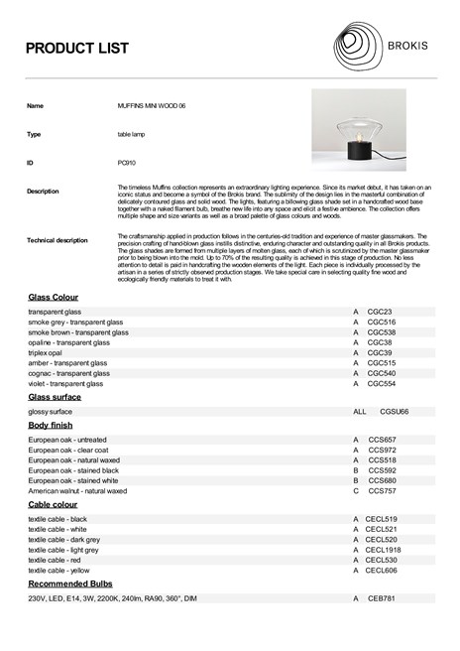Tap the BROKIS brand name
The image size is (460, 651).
[x=410, y=45]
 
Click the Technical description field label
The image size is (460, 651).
[x=57, y=240]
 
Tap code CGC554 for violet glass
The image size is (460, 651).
[x=382, y=383]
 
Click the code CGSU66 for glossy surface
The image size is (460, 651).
[x=395, y=411]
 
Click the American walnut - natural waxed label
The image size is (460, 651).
[x=77, y=490]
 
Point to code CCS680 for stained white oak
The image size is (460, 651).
[x=382, y=480]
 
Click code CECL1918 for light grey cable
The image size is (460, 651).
[x=383, y=549]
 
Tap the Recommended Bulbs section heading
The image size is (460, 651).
[x=71, y=585]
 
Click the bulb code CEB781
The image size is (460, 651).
[x=382, y=598]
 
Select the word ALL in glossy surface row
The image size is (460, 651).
[x=359, y=411]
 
